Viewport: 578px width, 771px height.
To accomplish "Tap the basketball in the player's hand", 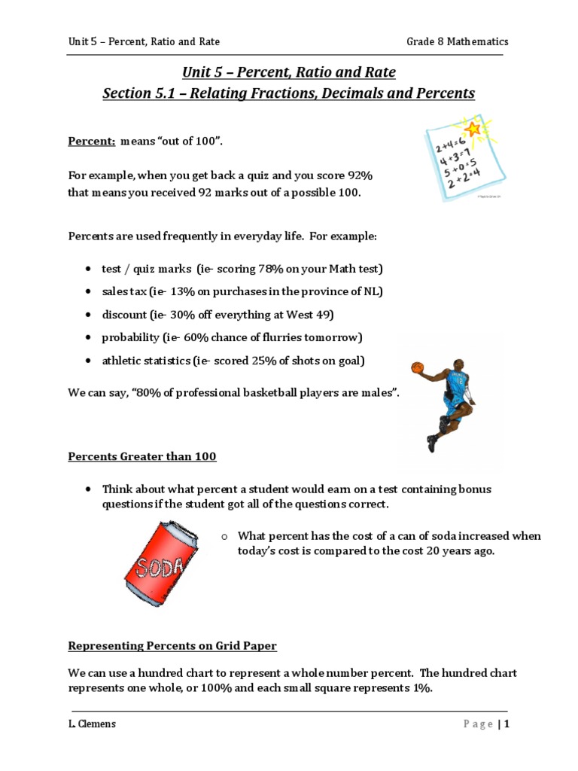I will (x=418, y=367).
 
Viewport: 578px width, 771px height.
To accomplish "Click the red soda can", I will (x=162, y=563).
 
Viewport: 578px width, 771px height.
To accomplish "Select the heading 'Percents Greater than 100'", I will (x=143, y=456).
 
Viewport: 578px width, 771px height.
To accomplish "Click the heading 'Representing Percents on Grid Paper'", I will (x=172, y=645).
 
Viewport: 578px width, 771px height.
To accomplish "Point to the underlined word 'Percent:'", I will (x=92, y=142).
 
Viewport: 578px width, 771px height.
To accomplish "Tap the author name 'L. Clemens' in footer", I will (x=93, y=724).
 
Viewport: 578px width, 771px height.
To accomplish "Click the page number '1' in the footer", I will (x=507, y=724).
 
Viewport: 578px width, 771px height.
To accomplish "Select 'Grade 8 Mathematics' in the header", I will (x=458, y=41).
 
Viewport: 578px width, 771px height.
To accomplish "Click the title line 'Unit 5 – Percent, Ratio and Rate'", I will (x=289, y=73).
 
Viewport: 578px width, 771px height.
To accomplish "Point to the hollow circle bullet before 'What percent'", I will (x=224, y=536).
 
